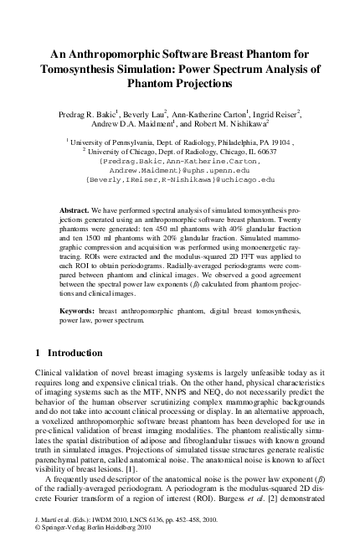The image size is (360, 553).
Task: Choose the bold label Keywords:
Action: coord(80,311)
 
